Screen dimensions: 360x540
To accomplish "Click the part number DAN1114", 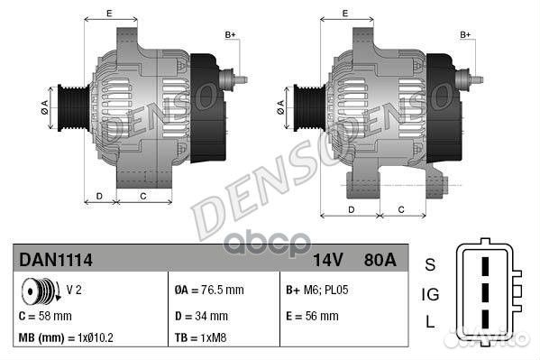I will tap(56, 260).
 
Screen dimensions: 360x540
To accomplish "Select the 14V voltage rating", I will tap(327, 260).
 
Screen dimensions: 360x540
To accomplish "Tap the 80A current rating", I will tap(379, 260).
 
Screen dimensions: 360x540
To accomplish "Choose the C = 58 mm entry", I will tap(46, 316).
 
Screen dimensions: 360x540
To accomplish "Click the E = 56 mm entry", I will tap(312, 316).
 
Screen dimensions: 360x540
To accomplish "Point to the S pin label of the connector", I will tap(430, 264).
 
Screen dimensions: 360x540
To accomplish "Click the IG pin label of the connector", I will tap(430, 293).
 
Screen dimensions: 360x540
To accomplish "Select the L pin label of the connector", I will tap(430, 322).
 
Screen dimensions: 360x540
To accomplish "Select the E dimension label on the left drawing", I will tap(109, 13).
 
